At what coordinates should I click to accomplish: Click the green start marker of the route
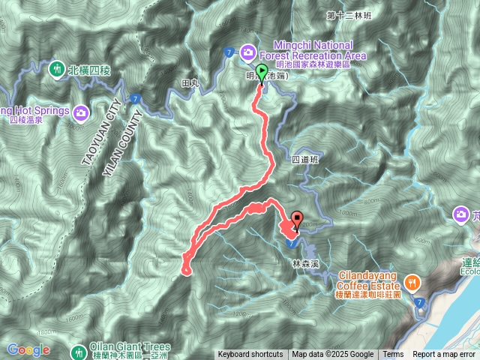pos(262,73)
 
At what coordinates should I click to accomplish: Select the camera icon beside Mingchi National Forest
pos(247,52)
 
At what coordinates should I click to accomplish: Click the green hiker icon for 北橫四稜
pos(56,70)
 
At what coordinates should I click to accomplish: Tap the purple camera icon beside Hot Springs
pos(81,112)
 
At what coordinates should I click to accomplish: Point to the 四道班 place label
pos(304,160)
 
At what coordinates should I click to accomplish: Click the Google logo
pos(28,349)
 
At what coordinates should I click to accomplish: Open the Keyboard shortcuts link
pos(250,355)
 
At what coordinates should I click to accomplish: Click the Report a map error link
pos(444,355)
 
